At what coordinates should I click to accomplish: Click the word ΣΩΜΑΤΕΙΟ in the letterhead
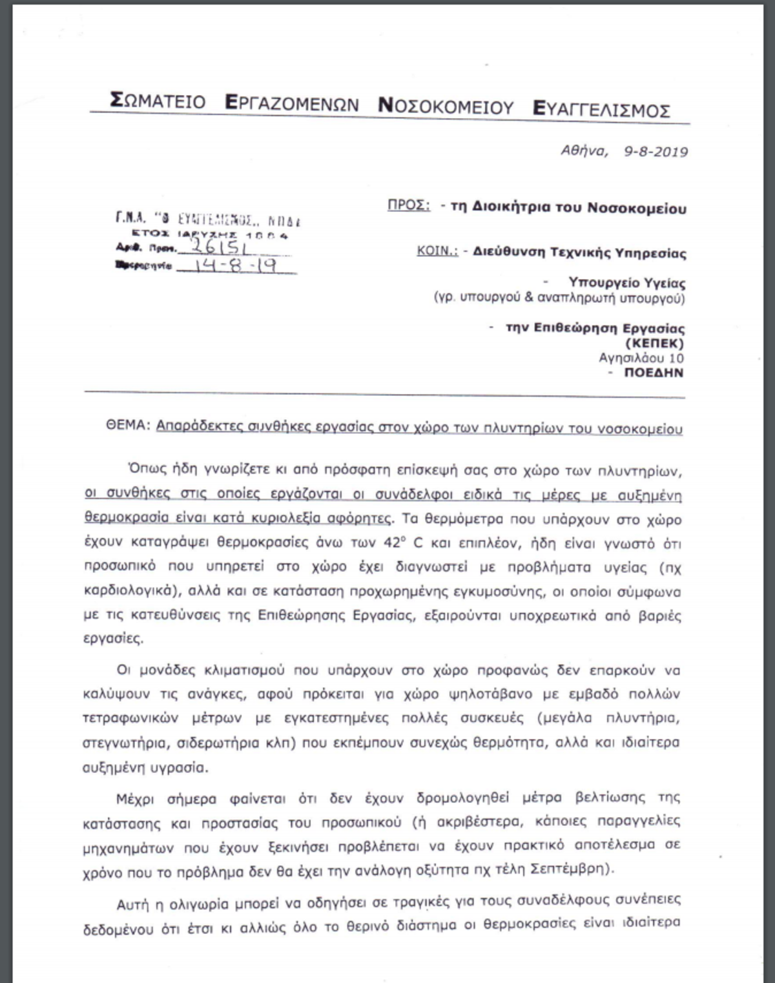tap(158, 101)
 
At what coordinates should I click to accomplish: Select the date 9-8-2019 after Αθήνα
tap(656, 152)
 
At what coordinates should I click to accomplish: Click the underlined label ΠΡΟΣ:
tap(409, 206)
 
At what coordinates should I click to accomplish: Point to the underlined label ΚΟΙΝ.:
tap(437, 251)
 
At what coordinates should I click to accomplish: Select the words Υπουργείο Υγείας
tap(626, 283)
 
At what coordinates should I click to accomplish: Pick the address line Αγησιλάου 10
tap(641, 358)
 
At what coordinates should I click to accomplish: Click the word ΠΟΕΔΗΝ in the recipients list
tap(654, 373)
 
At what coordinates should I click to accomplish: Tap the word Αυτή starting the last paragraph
tap(134, 902)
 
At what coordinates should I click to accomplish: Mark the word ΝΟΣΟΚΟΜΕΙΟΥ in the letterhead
tap(446, 106)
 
